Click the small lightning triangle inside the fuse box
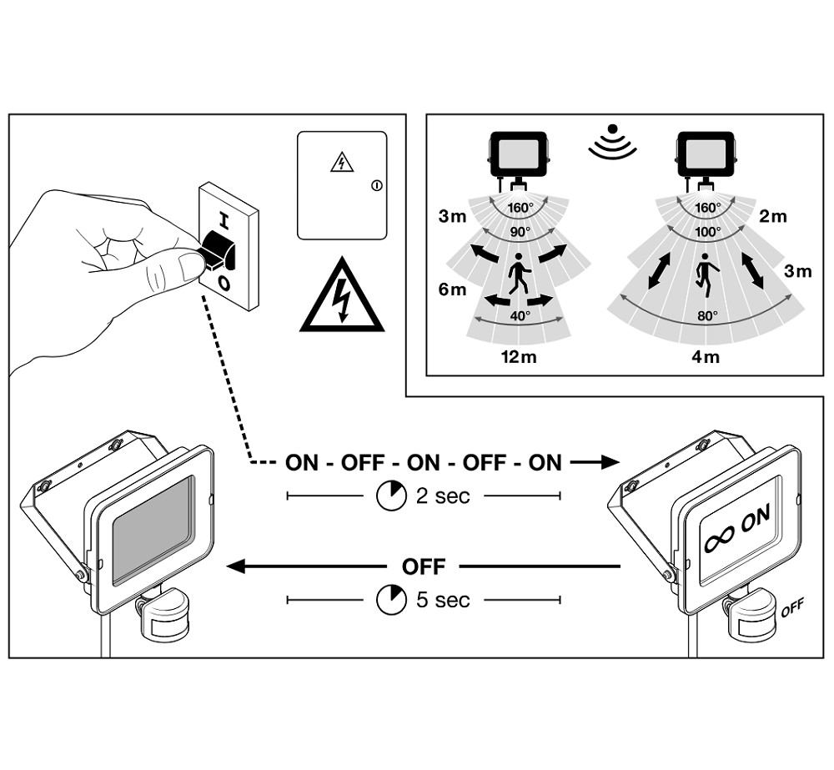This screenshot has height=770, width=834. click(341, 163)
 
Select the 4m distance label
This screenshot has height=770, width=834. click(706, 358)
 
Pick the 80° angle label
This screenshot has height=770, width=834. click(707, 315)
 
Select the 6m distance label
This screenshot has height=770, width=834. click(452, 289)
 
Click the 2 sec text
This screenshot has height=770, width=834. click(442, 496)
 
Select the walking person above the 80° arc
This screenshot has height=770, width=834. click(706, 274)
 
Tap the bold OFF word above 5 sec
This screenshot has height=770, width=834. click(424, 567)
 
